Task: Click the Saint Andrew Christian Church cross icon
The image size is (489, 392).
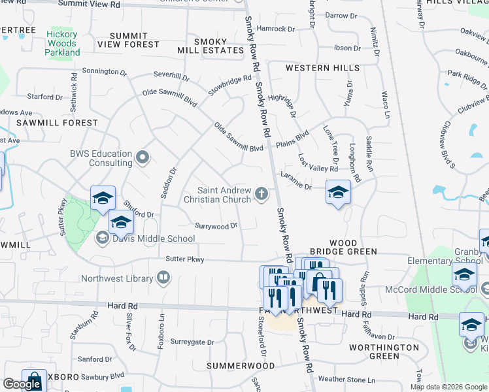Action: (x=261, y=193)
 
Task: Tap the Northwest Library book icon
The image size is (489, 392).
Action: (x=163, y=278)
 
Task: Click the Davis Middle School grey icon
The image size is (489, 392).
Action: (x=103, y=238)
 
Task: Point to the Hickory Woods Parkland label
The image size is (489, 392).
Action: (x=63, y=43)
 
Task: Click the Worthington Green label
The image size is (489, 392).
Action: (x=384, y=351)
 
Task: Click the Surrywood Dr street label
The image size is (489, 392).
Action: (x=216, y=225)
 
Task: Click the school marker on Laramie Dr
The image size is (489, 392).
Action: (x=338, y=192)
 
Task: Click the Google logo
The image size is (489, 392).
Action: (x=22, y=384)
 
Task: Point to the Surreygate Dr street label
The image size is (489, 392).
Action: (x=192, y=342)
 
